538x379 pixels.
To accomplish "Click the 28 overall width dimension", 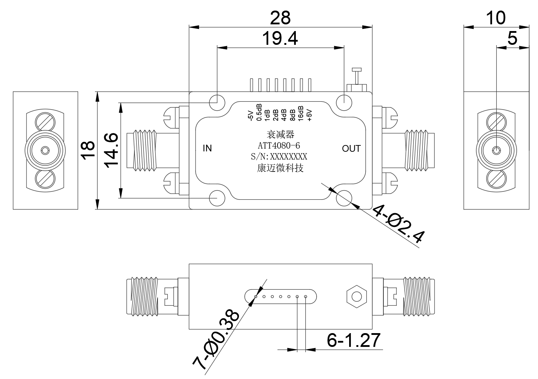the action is pyautogui.click(x=280, y=18).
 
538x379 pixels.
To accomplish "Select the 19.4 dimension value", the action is pyautogui.click(x=280, y=38).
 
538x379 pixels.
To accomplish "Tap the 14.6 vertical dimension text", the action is pyautogui.click(x=111, y=150).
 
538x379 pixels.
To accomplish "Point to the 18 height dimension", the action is pyautogui.click(x=88, y=150).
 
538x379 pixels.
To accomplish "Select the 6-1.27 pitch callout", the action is pyautogui.click(x=353, y=340).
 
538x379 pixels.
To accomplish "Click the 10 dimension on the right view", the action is pyautogui.click(x=496, y=18).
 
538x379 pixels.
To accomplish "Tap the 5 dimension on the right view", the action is pyautogui.click(x=512, y=38).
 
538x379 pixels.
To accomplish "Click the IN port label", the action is pyautogui.click(x=207, y=148).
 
